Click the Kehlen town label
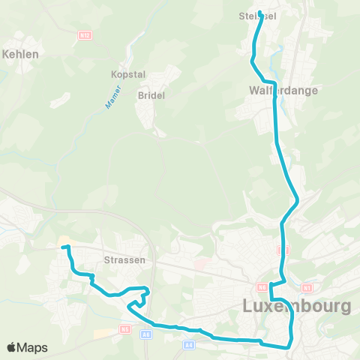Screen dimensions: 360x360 (21, 54)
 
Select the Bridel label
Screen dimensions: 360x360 (150, 95)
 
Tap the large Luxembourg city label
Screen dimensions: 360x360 (297, 306)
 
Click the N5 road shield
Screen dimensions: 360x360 (125, 328)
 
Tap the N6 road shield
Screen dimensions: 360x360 (262, 286)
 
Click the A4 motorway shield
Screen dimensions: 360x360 (189, 344)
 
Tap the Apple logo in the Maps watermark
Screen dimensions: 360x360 (12, 348)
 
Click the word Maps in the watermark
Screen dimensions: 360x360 (33, 348)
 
